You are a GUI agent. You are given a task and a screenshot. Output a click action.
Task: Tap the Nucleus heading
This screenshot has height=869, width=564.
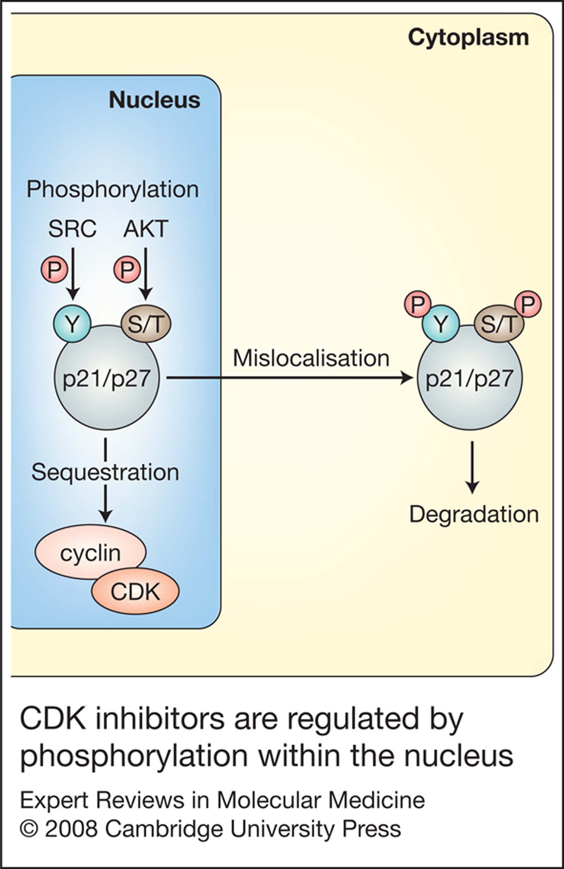(154, 100)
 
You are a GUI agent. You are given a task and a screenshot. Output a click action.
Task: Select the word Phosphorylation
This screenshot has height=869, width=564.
(112, 189)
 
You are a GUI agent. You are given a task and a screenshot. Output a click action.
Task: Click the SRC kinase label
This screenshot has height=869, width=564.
(72, 229)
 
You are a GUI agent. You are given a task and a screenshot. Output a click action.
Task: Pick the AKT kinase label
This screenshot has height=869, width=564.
(145, 229)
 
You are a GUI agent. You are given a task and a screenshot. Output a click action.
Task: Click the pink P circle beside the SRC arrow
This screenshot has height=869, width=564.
(54, 270)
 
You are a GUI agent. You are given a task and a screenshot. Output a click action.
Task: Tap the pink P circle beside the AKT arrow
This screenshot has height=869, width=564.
(127, 270)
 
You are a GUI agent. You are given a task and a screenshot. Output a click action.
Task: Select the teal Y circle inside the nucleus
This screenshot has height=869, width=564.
(73, 324)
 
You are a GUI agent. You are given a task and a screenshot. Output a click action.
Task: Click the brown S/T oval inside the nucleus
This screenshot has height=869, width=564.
(146, 324)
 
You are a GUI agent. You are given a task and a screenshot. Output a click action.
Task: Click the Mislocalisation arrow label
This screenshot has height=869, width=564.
(311, 358)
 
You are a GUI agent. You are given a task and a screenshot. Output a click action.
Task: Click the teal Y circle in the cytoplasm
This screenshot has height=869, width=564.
(441, 324)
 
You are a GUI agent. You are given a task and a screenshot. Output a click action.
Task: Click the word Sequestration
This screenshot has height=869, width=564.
(105, 472)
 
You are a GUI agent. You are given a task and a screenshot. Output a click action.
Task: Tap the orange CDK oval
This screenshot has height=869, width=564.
(135, 591)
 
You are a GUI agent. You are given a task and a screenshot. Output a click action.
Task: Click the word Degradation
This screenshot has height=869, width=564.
(474, 514)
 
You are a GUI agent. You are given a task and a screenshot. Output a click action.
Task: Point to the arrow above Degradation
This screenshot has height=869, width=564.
(472, 468)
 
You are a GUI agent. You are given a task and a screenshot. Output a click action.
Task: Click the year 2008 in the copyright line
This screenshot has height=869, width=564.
(71, 829)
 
